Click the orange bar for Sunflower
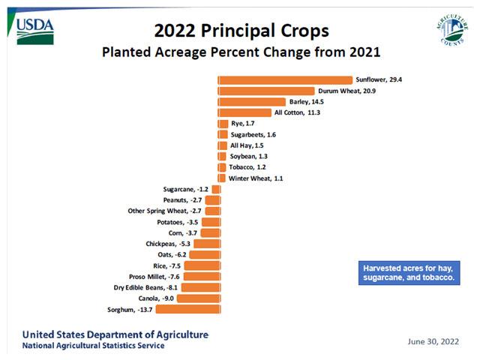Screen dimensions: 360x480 (285, 80)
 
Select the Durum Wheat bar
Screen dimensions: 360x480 (266, 91)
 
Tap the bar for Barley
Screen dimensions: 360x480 (252, 102)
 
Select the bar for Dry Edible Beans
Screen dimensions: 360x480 (199, 287)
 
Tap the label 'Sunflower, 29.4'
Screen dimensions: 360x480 (379, 80)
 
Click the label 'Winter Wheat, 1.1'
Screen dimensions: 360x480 (252, 178)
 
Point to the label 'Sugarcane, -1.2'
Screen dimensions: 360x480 (185, 189)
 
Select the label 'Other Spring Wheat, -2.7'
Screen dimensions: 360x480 (163, 211)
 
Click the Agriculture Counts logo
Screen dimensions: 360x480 (451, 31)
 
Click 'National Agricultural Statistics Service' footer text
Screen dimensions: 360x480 (93, 346)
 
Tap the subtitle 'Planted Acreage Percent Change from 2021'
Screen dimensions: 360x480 (241, 53)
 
